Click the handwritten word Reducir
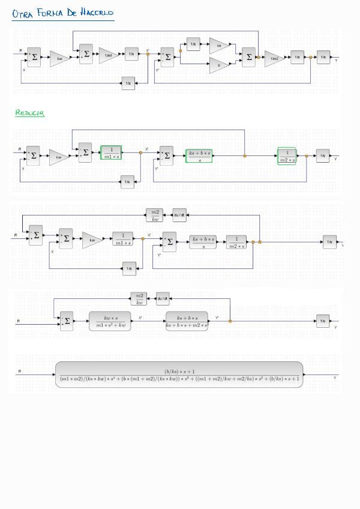[30, 113]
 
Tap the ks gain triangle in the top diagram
[218, 45]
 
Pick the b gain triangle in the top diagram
[218, 65]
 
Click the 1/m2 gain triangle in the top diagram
[274, 58]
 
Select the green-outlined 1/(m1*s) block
[111, 154]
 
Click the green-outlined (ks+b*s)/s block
[200, 156]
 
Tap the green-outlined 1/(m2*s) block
[287, 156]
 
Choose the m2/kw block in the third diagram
[154, 215]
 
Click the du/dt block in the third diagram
[179, 215]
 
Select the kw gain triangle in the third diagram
[92, 239]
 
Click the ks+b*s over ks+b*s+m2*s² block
[187, 321]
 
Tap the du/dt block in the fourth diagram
[163, 298]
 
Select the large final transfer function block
[179, 375]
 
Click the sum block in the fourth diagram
[67, 321]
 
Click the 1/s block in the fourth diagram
[323, 321]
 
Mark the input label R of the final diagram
[20, 372]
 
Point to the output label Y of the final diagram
[335, 378]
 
